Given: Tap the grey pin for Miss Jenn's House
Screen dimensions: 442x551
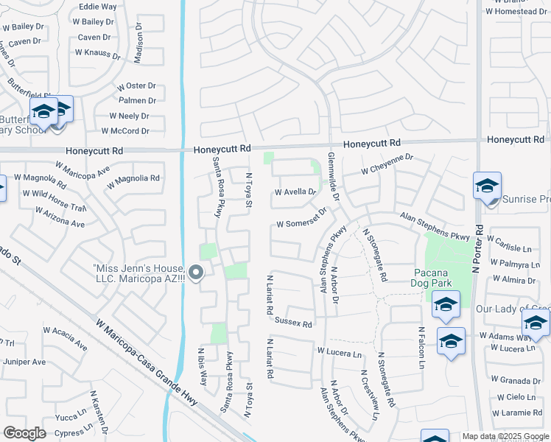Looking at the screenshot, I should [196, 273].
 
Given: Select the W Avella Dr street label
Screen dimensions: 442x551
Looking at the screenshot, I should [295, 192].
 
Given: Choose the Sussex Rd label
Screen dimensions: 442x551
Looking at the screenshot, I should [293, 323].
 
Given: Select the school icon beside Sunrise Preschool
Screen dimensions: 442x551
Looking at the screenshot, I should [487, 186].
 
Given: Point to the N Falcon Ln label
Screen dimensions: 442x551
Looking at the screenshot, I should [421, 348].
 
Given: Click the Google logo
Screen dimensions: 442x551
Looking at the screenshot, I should [24, 432].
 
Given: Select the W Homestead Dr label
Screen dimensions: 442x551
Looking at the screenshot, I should [516, 12].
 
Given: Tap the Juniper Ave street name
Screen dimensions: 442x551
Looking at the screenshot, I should [25, 362].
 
